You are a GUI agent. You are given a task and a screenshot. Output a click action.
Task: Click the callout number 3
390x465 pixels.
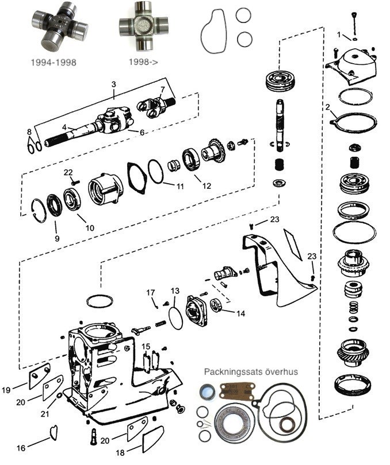(114, 84)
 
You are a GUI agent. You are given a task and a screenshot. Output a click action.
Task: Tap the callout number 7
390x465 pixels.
(163, 89)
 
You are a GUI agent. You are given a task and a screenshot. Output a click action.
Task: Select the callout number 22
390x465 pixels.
(68, 173)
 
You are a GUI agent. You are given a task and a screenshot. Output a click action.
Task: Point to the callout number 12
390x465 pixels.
(207, 185)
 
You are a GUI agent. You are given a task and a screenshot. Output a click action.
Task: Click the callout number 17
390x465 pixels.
(151, 292)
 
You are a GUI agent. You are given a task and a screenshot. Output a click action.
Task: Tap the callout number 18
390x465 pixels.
(120, 452)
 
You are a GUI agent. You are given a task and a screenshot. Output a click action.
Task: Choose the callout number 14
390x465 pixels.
(240, 313)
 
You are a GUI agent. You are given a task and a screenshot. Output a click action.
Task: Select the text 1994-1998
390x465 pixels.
(56, 61)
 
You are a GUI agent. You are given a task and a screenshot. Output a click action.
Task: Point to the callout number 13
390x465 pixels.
(175, 291)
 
